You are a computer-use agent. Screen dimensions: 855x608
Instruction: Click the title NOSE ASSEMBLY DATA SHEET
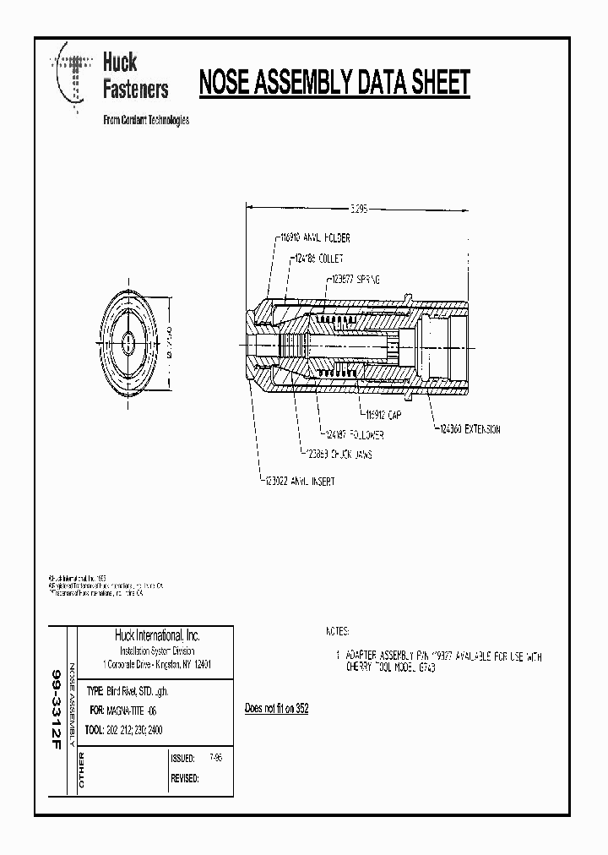(x=334, y=84)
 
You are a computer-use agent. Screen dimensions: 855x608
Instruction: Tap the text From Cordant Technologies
(x=145, y=120)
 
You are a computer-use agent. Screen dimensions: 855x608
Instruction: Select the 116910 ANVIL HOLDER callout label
(x=315, y=239)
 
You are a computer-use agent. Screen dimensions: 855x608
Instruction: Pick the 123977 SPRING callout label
(x=353, y=278)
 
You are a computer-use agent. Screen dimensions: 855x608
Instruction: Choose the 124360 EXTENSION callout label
(x=469, y=429)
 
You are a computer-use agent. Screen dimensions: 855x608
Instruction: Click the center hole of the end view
(x=128, y=340)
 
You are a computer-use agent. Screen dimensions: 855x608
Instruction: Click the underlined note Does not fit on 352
(x=276, y=708)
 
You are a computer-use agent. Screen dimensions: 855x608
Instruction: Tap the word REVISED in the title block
(x=184, y=778)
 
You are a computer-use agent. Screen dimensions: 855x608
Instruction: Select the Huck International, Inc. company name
(x=156, y=635)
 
